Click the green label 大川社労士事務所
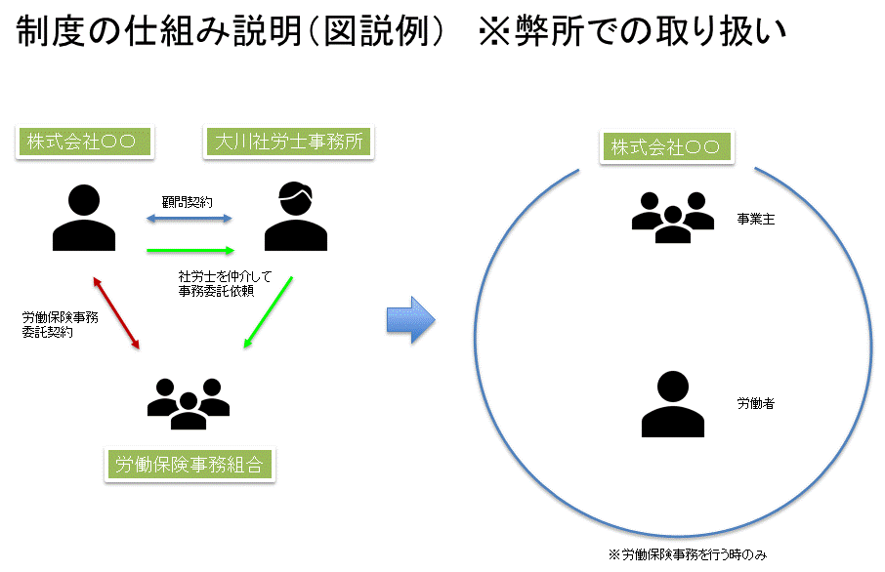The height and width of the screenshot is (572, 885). coord(288,143)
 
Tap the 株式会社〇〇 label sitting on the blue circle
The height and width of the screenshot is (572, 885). coord(665,148)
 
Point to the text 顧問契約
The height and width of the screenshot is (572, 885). coord(188,202)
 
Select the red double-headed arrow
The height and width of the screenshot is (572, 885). coord(115,312)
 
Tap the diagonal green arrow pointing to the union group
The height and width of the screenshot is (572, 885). coord(268,312)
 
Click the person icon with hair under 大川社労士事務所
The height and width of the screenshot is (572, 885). coord(294,217)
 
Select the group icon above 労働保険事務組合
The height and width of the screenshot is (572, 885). coord(188,400)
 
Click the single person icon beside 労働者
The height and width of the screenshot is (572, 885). coord(672,404)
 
